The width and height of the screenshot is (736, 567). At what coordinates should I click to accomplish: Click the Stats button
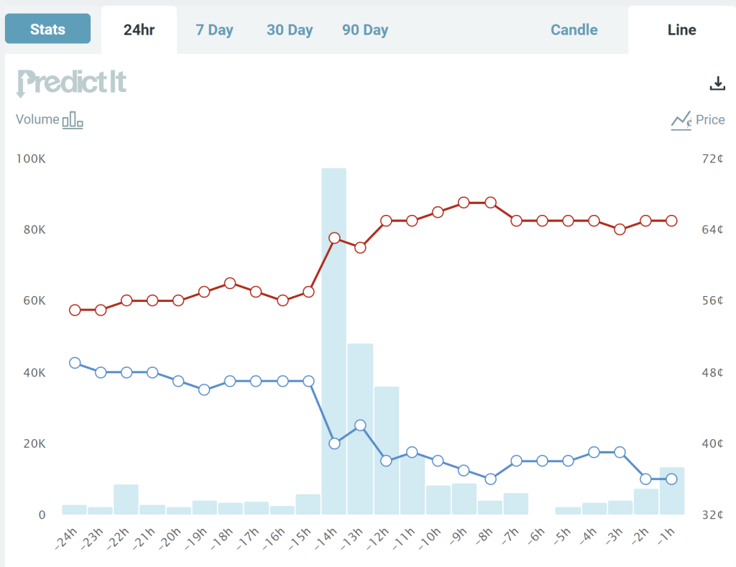(x=47, y=29)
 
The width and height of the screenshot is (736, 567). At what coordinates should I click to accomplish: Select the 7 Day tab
(x=214, y=30)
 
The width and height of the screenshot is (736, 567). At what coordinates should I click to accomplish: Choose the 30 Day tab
(x=290, y=30)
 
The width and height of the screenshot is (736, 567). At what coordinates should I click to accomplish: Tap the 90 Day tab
(x=365, y=30)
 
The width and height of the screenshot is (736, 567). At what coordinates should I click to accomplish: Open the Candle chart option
(x=574, y=30)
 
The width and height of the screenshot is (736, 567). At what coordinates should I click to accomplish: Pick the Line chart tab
(x=681, y=30)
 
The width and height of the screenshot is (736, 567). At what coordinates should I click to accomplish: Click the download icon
(x=717, y=83)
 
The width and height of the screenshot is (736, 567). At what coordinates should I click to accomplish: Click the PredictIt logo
(x=71, y=83)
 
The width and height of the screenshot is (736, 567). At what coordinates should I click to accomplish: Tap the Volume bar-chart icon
(x=73, y=120)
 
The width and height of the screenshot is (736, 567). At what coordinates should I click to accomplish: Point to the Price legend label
(x=709, y=120)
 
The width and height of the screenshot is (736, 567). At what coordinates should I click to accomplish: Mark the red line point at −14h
(x=334, y=238)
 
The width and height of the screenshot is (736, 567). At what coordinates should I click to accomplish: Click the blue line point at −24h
(x=75, y=363)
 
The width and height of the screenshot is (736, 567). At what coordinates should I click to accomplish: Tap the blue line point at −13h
(x=360, y=425)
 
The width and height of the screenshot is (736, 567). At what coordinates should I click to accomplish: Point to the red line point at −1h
(x=671, y=221)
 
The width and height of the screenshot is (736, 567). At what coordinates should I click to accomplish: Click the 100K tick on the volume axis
(x=31, y=159)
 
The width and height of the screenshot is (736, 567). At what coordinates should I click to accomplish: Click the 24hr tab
(x=139, y=30)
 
